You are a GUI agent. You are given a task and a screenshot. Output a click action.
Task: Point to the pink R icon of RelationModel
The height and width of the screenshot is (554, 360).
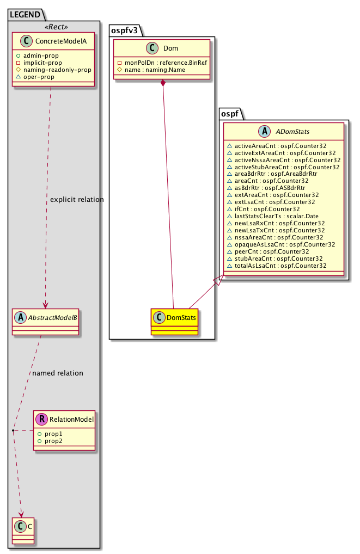pos(42,419)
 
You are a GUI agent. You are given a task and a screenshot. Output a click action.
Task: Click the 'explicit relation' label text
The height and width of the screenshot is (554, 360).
pos(76,200)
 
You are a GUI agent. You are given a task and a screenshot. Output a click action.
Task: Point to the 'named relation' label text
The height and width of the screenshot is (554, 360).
pos(58,373)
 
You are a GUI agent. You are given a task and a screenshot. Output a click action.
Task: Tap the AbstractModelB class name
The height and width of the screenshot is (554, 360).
pos(51,316)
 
